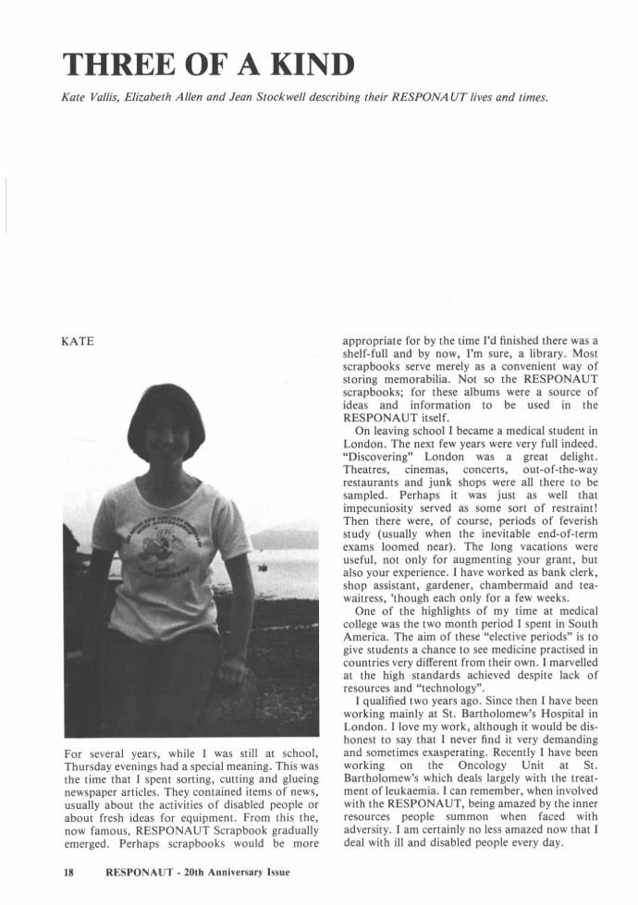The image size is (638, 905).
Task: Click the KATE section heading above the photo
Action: click(x=80, y=342)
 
